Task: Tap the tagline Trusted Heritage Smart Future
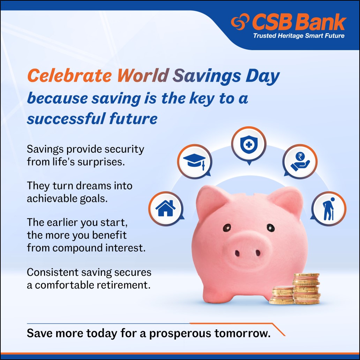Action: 299,36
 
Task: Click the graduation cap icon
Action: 194,160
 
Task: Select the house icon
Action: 165,209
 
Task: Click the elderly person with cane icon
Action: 328,209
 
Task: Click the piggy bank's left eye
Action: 227,227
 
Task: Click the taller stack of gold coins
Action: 306,288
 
